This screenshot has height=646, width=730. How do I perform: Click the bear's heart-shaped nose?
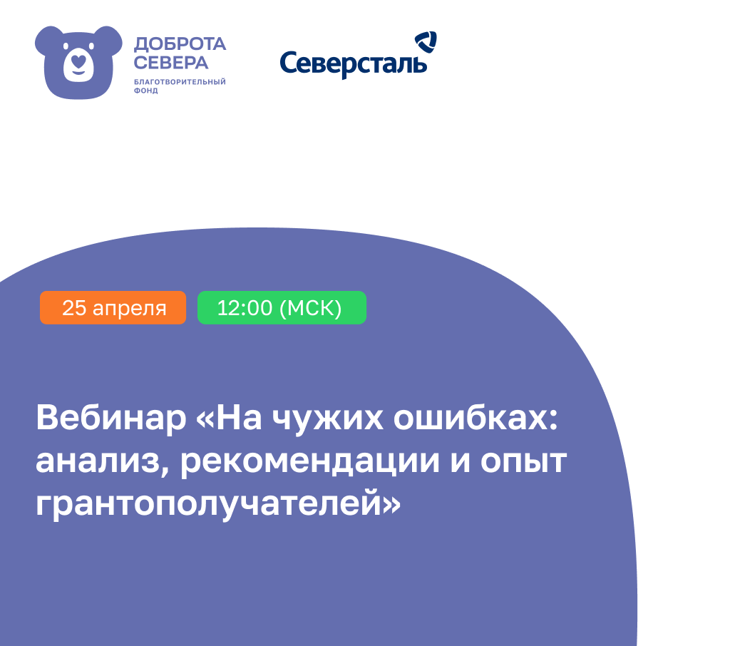[78, 61]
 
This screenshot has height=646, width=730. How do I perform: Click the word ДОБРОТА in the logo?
[180, 44]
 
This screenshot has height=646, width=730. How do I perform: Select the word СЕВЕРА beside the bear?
[171, 63]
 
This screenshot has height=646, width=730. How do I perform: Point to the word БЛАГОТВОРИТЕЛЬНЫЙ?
[180, 81]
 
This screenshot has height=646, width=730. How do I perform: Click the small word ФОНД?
[145, 91]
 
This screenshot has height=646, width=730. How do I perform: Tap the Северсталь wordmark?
[353, 63]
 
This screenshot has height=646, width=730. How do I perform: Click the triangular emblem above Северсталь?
[426, 41]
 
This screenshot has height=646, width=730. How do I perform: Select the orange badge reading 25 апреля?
[113, 307]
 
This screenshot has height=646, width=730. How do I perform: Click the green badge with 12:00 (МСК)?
[282, 307]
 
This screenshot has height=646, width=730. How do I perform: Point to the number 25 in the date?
[74, 308]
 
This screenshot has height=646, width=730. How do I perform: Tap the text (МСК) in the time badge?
[310, 308]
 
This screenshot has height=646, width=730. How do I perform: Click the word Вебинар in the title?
[111, 418]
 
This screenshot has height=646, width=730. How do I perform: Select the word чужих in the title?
[328, 419]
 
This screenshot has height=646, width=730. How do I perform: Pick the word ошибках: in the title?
[475, 418]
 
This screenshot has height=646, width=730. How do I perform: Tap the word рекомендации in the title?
[309, 462]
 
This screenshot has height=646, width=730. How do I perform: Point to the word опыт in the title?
[523, 462]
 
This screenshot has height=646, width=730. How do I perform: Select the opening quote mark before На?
[206, 419]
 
